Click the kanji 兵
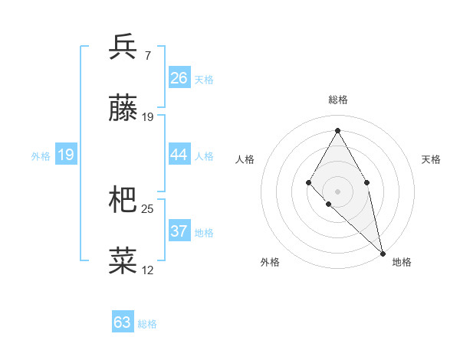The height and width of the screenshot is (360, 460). pos(123,47)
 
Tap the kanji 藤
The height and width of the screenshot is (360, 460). pos(123,109)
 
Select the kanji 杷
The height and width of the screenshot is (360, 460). pos(123,200)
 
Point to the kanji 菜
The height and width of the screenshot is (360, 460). pos(123,261)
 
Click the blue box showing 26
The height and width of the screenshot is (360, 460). pos(179,78)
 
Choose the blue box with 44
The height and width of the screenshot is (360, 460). pos(179,155)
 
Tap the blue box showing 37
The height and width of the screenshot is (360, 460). pos(179,231)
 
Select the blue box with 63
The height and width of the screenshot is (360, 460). pos(123,322)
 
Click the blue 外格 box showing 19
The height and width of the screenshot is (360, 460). pos(66,155)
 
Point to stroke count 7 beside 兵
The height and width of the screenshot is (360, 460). pos(147,56)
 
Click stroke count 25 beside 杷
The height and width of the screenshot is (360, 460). pos(148,208)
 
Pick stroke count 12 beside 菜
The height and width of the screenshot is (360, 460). pos(148,270)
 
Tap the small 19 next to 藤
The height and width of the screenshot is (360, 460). pos(148,117)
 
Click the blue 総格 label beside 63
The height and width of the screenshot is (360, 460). pos(147,324)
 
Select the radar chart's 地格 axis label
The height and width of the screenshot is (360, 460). pos(402,262)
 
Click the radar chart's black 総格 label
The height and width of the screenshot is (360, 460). pos(337,100)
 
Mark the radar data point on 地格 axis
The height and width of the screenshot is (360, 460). pos(382,253)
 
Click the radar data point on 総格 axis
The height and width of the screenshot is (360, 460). pos(337,130)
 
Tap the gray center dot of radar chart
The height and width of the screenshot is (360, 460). pos(337,190)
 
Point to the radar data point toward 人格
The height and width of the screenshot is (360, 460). pos(308,182)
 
